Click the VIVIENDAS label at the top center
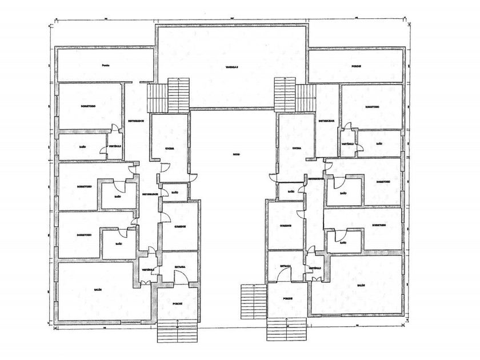[231, 67]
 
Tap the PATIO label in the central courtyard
[235, 155]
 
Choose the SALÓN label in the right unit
[361, 286]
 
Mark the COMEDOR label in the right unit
[286, 226]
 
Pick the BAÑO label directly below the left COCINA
[175, 193]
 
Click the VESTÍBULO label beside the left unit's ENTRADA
[148, 269]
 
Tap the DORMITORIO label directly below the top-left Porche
[89, 106]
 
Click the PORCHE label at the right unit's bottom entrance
[288, 299]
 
